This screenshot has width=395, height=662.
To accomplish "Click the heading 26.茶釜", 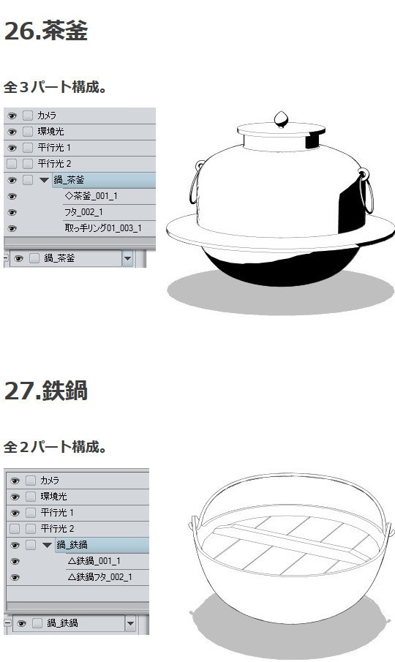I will (46, 31).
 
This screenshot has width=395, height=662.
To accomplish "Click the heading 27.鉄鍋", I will (46, 391).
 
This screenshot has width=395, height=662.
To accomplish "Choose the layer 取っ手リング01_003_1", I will (102, 228).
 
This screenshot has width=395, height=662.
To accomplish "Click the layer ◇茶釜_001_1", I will (91, 196).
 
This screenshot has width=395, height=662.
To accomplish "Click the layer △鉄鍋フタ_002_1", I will (99, 577).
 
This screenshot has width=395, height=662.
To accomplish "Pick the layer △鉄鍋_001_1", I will (94, 561).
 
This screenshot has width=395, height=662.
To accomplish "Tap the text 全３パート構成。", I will (56, 87).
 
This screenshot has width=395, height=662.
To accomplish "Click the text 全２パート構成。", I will (56, 446).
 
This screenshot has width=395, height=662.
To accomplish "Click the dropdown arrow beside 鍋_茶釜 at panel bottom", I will (127, 258).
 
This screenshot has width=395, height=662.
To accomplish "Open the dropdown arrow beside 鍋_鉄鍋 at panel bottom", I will (130, 624).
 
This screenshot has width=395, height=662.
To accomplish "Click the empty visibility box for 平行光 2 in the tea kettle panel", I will (12, 164).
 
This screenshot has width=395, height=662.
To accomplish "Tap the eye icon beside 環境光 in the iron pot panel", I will (15, 497).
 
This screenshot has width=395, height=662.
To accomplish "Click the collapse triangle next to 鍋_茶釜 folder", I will (44, 180).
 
